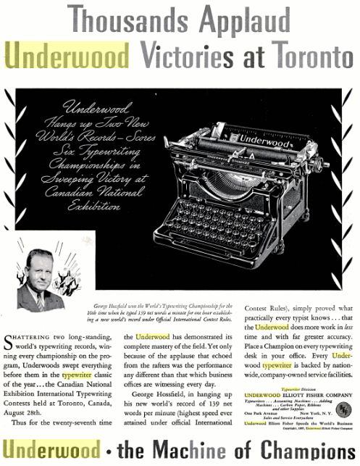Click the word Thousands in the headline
click(114, 20)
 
